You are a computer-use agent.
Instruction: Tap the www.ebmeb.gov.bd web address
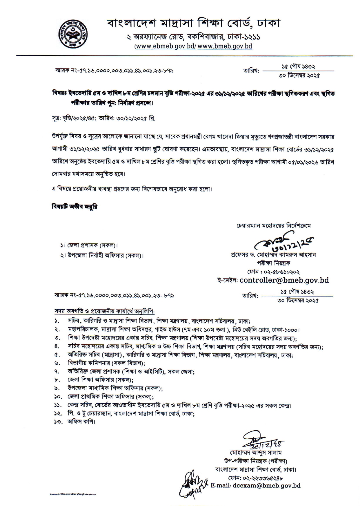coord(166,46)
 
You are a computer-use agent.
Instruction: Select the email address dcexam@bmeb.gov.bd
coord(271,485)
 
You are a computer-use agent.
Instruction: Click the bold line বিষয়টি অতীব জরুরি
coord(74,207)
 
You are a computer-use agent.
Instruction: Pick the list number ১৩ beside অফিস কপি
coord(57,422)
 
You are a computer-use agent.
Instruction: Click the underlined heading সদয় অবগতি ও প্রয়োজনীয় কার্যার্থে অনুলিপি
coord(105,311)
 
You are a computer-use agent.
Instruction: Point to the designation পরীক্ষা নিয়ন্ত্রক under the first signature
coord(273,263)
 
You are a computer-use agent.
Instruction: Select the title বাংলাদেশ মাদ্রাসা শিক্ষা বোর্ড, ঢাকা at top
coord(193,23)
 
